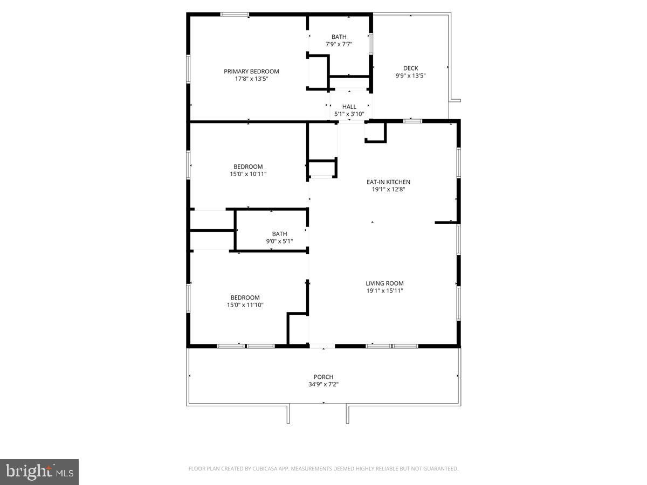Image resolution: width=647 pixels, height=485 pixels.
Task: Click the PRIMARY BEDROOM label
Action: [251, 71]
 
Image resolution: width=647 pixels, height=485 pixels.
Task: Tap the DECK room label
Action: [411, 68]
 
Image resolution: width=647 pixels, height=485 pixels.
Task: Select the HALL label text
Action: [349, 107]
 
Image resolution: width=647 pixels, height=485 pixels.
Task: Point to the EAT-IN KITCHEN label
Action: [388, 182]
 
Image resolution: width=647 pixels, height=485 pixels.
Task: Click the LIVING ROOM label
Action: [384, 283]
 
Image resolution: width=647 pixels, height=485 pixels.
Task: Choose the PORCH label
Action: [323, 377]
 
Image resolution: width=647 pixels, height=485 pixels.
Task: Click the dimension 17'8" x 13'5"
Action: [251, 79]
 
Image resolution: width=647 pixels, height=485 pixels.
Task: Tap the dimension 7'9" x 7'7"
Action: [339, 44]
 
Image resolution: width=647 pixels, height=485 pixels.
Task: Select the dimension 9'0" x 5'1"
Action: [279, 241]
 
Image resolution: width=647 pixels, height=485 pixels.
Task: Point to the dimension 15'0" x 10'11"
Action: [248, 174]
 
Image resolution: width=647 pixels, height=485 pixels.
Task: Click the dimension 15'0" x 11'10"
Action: [245, 305]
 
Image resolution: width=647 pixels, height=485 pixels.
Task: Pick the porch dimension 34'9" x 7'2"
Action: [323, 384]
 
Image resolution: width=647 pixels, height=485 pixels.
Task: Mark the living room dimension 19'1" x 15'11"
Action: [384, 290]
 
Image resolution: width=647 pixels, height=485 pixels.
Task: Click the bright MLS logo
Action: [39, 472]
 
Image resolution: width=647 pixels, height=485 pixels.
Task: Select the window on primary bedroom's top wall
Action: [235, 15]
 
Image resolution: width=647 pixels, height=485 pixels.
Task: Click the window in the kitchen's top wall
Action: [412, 121]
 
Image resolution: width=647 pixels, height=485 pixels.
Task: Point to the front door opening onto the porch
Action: [322, 346]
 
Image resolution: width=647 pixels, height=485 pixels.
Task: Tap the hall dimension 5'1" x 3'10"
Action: [349, 114]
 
